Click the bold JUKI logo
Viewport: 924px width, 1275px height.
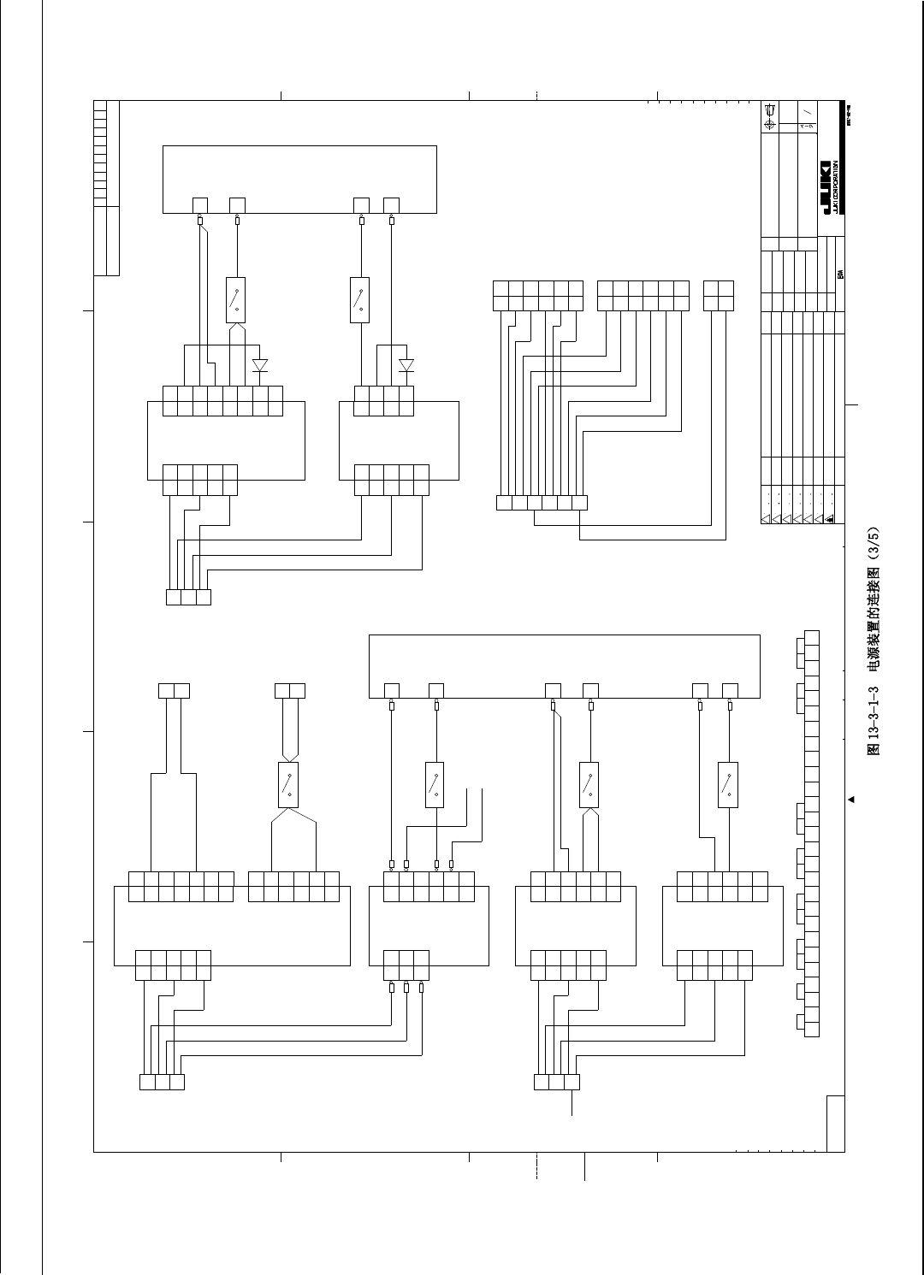coord(826,186)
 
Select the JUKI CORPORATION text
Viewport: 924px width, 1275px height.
coord(836,187)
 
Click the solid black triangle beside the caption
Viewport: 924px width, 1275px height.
coord(851,800)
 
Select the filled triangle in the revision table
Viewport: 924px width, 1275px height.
coord(829,518)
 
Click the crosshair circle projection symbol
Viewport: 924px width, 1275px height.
coord(769,124)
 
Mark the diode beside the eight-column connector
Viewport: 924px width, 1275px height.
coord(260,365)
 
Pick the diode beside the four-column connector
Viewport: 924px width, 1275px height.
coord(406,365)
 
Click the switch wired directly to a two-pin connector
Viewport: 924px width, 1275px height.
coord(288,785)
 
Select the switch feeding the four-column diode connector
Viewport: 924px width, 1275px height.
coord(360,300)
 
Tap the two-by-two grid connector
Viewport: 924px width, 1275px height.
coord(719,295)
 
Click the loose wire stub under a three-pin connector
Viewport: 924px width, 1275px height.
coord(572,1103)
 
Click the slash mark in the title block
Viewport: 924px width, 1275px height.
coord(807,111)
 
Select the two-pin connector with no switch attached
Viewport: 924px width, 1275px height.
coord(174,690)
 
